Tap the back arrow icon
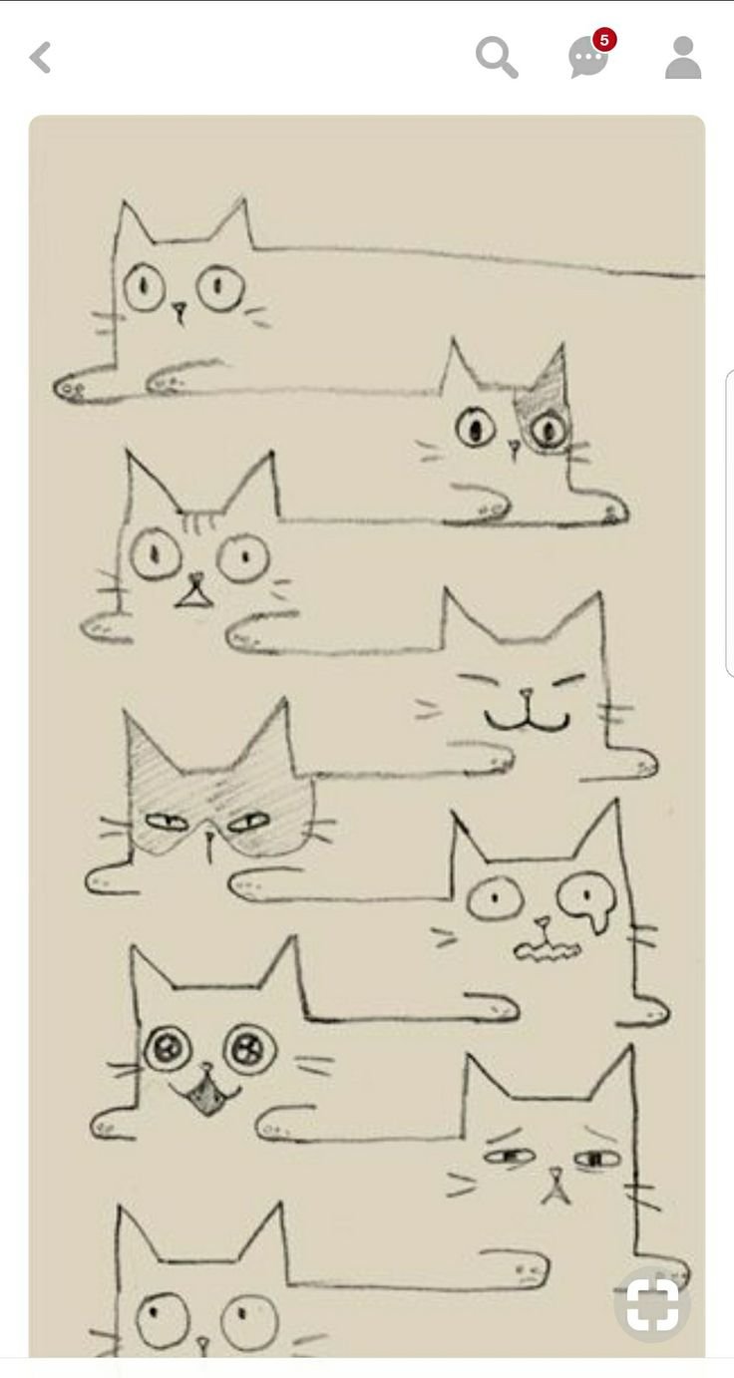click(x=40, y=57)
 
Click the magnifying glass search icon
click(x=497, y=57)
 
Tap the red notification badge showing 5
click(x=604, y=40)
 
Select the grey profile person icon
click(x=683, y=57)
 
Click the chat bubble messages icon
click(x=587, y=59)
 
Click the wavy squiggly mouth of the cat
click(x=547, y=952)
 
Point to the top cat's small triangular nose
click(x=180, y=310)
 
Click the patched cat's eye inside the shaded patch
click(x=549, y=429)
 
